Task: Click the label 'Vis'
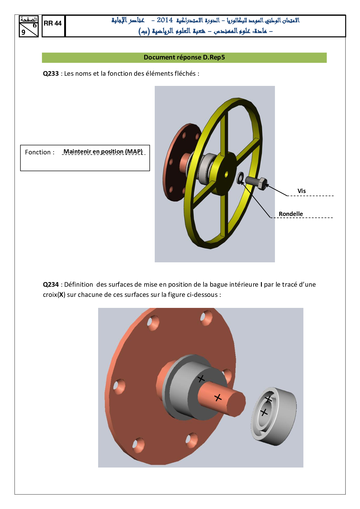coord(301,191)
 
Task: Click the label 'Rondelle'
coord(291,214)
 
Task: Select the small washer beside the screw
coord(240,178)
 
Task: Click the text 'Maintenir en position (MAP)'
coord(103,151)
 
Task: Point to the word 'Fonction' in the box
coord(38,152)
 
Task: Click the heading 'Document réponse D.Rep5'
coord(184,57)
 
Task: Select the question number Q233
coord(51,74)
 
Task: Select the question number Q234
coord(51,285)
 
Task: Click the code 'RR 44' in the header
coord(53,24)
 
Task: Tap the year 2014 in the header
coord(165,20)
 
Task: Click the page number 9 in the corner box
coord(24,32)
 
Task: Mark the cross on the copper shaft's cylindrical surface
coord(218,398)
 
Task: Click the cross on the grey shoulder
coord(201,379)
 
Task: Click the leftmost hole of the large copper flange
coord(118,387)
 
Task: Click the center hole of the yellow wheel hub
coord(226,174)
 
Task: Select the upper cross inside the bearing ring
coord(269,399)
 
